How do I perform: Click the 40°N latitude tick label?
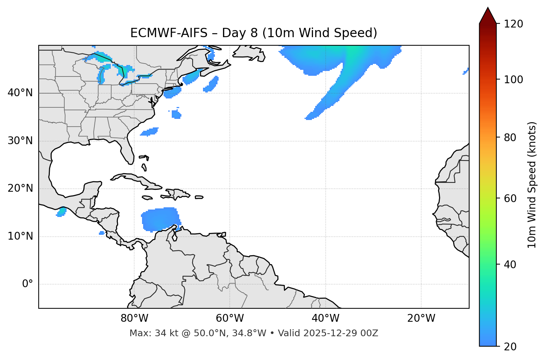coord(20,93)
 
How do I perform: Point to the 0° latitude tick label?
coord(28,284)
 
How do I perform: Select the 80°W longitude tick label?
coord(134,318)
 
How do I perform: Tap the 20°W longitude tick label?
coord(421,318)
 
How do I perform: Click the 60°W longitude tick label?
coord(230,318)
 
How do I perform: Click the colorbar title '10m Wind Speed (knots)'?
coord(532,185)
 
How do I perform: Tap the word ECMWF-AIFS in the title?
coord(169,33)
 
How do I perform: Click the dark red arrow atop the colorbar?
coord(488,16)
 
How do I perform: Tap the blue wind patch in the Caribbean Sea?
coord(159,219)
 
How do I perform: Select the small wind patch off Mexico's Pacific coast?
coord(61,212)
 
